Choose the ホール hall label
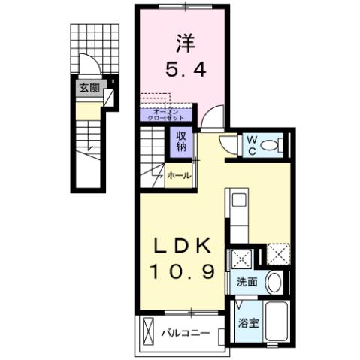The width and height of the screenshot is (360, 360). click(x=178, y=175)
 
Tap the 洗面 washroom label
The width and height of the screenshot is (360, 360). click(x=249, y=283)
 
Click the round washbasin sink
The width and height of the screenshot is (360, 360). click(x=274, y=283)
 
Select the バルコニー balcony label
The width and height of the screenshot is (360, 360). click(x=183, y=330)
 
